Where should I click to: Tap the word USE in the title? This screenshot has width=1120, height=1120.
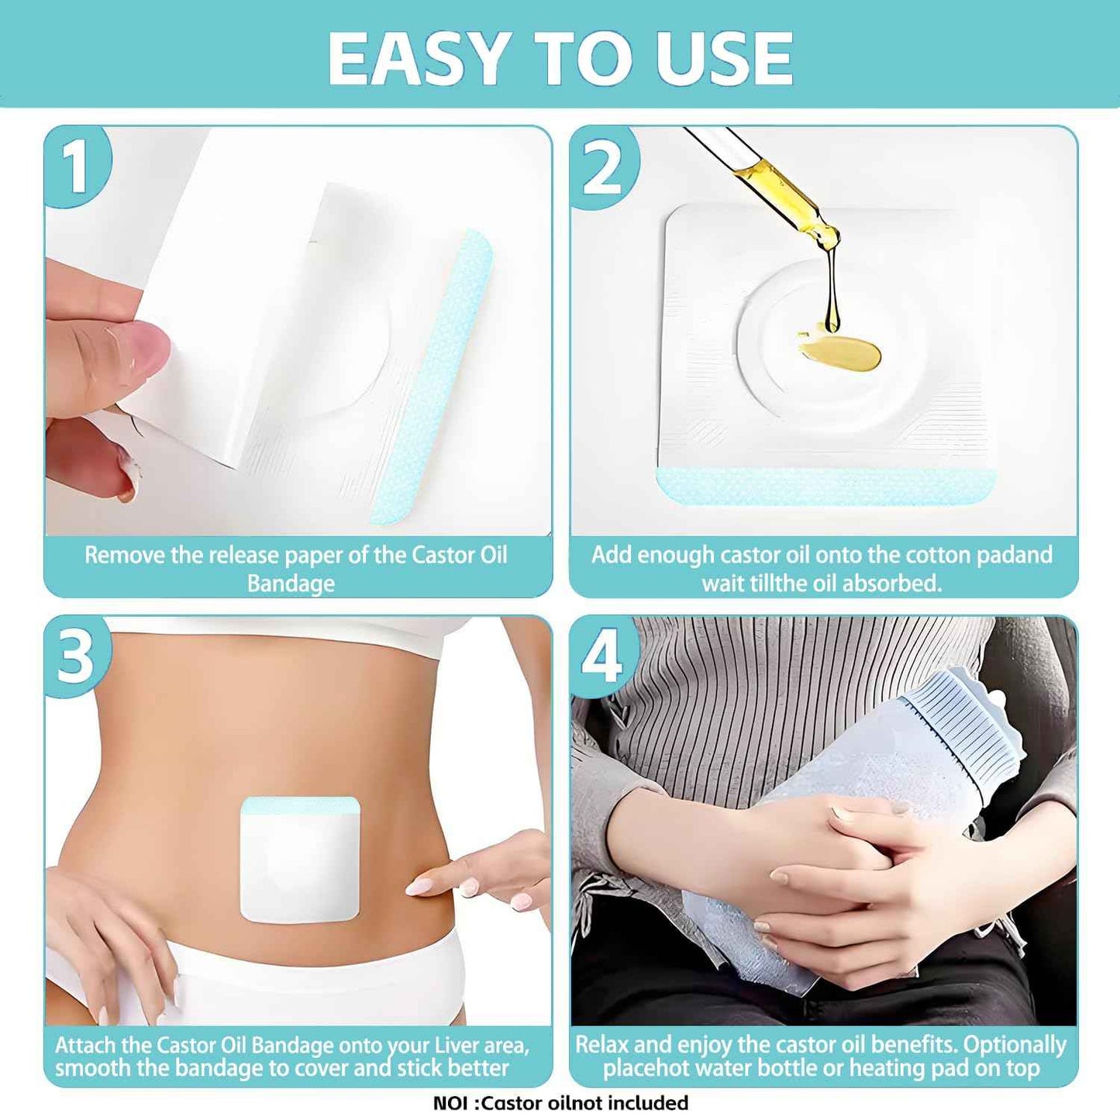coord(725,59)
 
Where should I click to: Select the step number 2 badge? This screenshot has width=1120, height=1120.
coord(602,168)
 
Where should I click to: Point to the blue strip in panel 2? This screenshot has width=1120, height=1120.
coord(825,486)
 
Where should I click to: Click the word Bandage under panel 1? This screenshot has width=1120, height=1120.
coord(291,584)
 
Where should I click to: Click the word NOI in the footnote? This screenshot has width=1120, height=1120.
coord(450,1103)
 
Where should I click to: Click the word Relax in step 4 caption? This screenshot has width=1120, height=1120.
coord(602,1045)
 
